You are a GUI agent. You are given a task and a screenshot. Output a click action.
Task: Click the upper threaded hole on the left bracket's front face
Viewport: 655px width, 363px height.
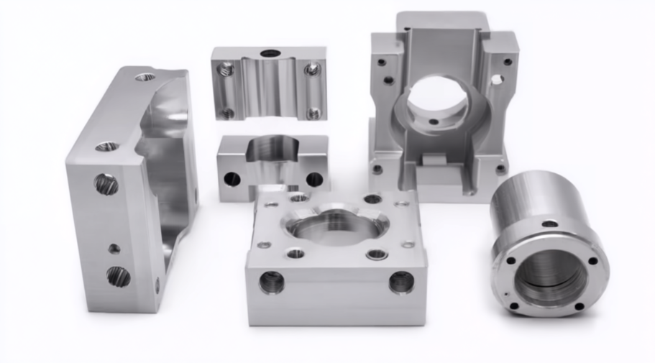106,184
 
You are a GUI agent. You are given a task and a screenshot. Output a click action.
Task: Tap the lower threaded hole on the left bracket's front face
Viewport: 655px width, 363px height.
119,276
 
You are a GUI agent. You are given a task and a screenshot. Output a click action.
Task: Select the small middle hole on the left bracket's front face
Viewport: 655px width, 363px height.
114,249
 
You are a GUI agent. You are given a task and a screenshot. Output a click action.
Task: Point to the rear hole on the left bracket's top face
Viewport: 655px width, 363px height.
145,76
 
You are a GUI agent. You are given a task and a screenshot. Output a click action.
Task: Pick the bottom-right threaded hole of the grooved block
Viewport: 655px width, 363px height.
314,113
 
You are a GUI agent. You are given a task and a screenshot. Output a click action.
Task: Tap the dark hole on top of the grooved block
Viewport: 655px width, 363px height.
270,53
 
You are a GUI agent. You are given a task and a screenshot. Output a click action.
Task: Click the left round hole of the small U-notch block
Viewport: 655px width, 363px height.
232,178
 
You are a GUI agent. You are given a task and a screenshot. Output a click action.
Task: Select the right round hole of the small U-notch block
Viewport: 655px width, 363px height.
315,179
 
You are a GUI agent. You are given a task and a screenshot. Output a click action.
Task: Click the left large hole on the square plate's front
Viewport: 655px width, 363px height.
272,282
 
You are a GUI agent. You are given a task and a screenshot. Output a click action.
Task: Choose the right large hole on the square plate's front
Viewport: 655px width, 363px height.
401,281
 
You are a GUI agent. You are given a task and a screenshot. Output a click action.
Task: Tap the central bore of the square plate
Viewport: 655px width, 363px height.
335,229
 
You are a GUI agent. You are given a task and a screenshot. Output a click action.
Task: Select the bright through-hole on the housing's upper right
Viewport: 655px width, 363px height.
497,79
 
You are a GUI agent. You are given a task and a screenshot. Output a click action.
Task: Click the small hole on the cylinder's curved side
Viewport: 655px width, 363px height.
550,224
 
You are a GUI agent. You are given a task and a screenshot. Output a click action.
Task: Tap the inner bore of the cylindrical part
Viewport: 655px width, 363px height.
550,277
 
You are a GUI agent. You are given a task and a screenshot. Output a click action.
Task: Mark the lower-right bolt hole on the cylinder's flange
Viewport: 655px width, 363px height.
579,306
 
